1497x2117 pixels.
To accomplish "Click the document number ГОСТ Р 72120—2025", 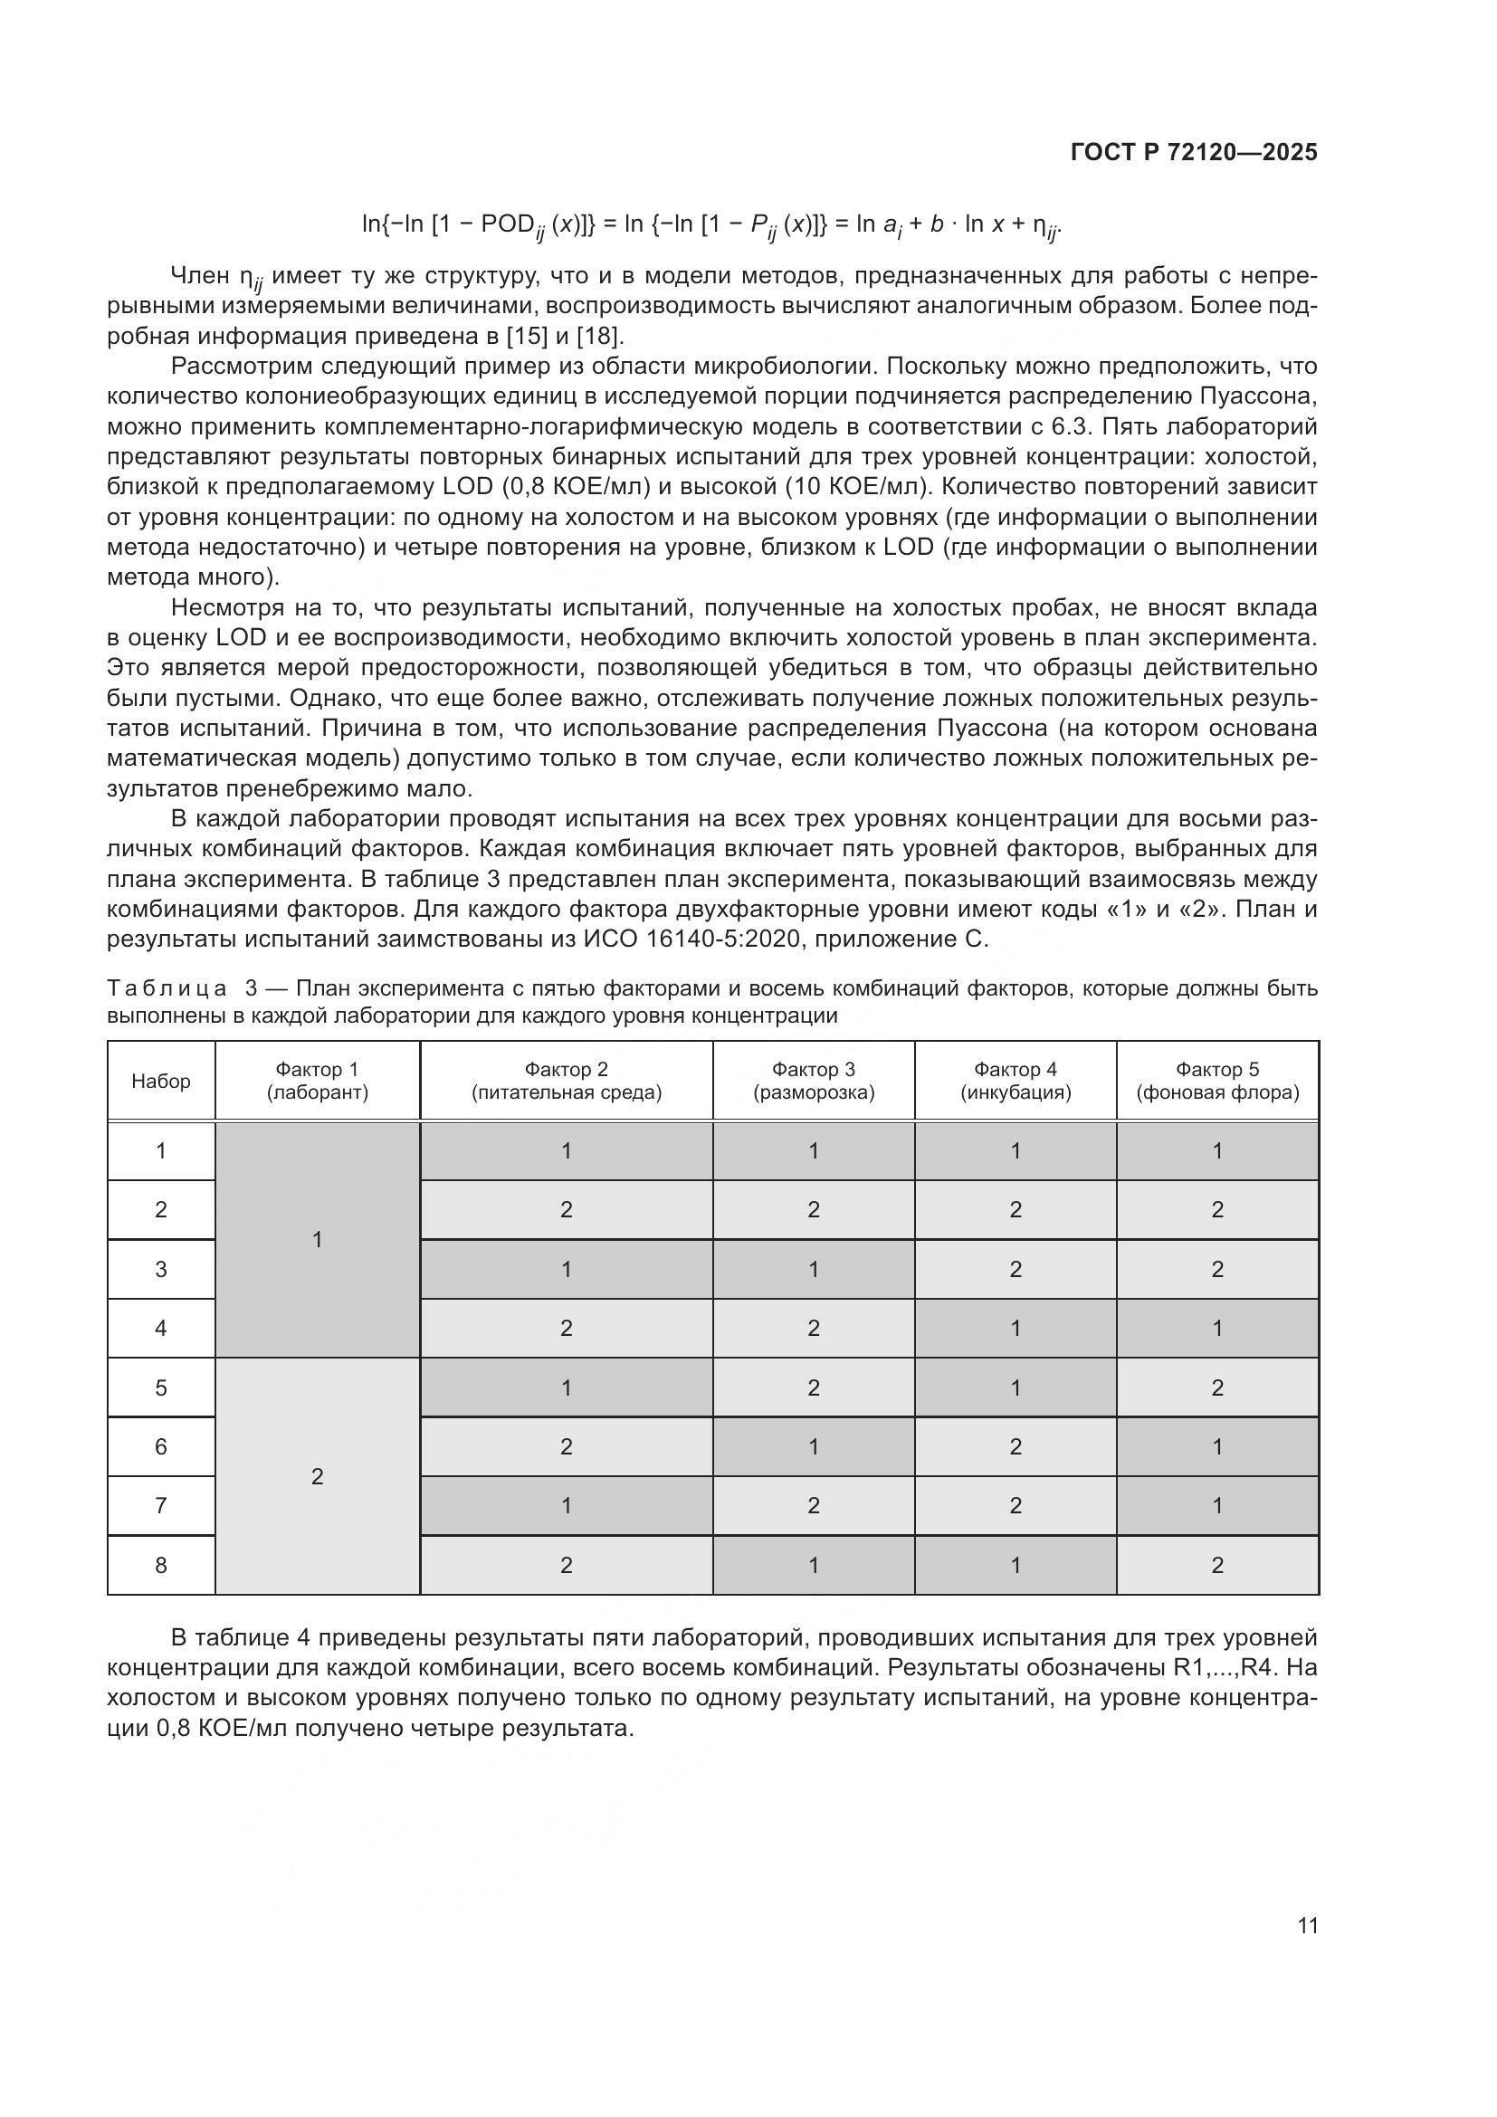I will tap(1194, 152).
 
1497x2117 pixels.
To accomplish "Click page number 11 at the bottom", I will tap(1307, 1925).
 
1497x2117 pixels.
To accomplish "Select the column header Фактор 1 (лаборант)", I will tap(317, 1081).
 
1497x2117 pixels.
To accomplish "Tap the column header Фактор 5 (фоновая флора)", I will tap(1216, 1081).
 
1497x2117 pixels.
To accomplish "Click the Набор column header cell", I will tap(161, 1081).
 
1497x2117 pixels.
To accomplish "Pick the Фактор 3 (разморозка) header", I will tap(813, 1081).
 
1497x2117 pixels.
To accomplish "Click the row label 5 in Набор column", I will tap(161, 1387).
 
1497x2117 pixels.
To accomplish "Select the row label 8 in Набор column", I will tap(161, 1565).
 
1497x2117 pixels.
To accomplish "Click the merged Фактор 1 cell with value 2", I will tap(317, 1476).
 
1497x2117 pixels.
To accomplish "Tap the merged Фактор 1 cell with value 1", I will tap(317, 1239).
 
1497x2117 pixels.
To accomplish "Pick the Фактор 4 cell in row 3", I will tap(1015, 1269).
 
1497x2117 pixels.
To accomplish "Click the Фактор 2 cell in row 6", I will tap(566, 1446).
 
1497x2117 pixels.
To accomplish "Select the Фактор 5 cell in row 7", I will tap(1216, 1506).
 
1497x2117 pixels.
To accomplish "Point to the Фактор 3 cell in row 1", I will tap(813, 1150).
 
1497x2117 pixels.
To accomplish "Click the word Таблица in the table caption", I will tap(167, 989).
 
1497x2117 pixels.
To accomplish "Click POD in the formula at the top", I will tap(508, 224).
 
